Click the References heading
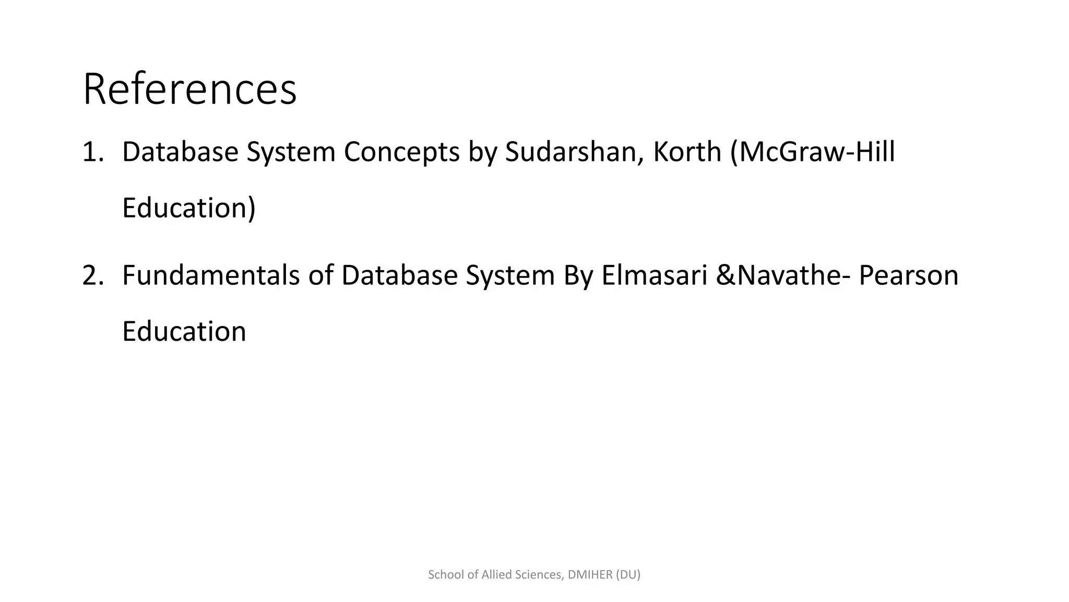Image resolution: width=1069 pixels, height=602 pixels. pos(189,89)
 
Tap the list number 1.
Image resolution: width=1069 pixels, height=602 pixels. pos(93,152)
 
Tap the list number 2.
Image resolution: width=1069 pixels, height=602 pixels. pos(93,275)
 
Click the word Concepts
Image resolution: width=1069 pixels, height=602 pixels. pos(401,152)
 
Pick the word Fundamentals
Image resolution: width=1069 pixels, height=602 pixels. pos(210,275)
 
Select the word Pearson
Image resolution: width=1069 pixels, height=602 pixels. pos(908,275)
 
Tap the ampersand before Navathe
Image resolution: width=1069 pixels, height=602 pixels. pos(726,275)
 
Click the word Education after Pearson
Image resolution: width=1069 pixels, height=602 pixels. pos(184,331)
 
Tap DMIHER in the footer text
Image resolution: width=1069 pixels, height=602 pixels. pos(590,575)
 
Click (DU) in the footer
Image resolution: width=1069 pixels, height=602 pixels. pos(628,575)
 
